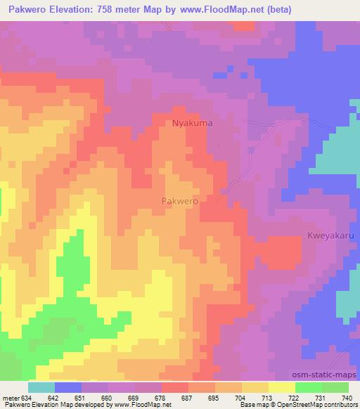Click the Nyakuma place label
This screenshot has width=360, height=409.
click(x=193, y=123)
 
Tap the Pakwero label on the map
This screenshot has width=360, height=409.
click(x=179, y=200)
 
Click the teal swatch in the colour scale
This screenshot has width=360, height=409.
click(x=41, y=387)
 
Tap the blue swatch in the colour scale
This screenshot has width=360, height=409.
click(x=68, y=387)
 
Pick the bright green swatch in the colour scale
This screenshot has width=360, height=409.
click(x=309, y=387)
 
